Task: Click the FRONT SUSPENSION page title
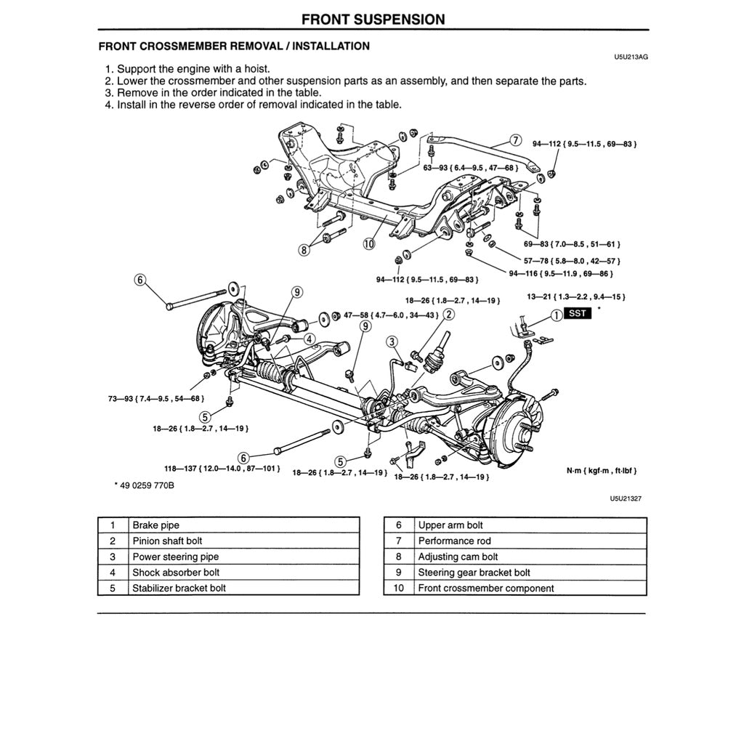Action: pyautogui.click(x=373, y=19)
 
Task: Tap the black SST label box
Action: pyautogui.click(x=578, y=315)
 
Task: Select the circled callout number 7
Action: pyautogui.click(x=515, y=140)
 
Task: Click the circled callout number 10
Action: pyautogui.click(x=369, y=243)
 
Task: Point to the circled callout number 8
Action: pyautogui.click(x=304, y=249)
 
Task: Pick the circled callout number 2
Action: pyautogui.click(x=449, y=315)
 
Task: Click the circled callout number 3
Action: pyautogui.click(x=392, y=341)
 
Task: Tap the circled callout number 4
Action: pyautogui.click(x=309, y=339)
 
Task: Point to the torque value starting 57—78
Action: pyautogui.click(x=572, y=260)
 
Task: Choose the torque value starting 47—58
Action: pyautogui.click(x=391, y=315)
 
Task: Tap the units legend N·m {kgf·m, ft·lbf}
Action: pyautogui.click(x=602, y=471)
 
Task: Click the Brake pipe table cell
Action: pyautogui.click(x=155, y=525)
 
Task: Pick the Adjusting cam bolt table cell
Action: pyautogui.click(x=458, y=557)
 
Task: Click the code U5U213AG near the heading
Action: pyautogui.click(x=630, y=56)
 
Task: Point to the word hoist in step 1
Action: pyautogui.click(x=257, y=69)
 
